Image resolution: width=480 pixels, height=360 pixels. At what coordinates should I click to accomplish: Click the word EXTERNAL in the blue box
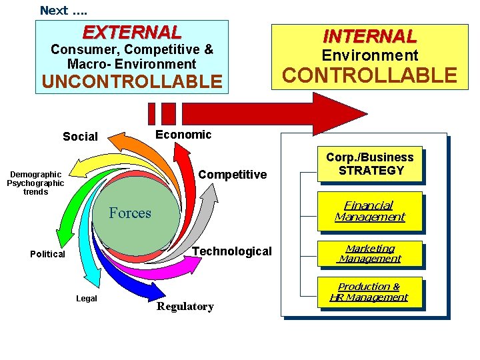click(131, 32)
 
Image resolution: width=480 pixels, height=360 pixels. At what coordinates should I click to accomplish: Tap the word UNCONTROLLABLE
click(131, 81)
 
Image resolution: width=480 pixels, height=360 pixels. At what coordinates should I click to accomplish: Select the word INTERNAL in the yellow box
click(370, 35)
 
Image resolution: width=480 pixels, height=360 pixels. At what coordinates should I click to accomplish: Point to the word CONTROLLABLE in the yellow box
click(370, 75)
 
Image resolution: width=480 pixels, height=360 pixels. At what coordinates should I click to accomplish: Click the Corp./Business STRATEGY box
click(370, 164)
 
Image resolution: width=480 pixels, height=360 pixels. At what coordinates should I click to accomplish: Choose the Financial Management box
click(370, 211)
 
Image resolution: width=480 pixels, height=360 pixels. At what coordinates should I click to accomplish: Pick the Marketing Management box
click(370, 253)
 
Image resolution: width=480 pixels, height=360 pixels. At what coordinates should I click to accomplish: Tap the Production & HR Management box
click(370, 292)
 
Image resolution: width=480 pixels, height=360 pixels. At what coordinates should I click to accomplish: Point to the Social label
click(80, 137)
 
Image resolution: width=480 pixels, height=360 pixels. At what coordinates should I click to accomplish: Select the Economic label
click(183, 135)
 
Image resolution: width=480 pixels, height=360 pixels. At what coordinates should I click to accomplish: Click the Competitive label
click(232, 175)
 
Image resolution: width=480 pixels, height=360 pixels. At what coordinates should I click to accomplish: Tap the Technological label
click(232, 251)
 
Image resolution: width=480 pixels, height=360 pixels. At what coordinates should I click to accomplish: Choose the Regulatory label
click(185, 307)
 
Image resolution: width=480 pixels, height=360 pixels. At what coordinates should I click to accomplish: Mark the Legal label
click(87, 299)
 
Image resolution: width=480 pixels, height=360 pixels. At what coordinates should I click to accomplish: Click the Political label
click(47, 254)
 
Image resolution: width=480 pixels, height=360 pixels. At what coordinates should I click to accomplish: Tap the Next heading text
click(63, 10)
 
